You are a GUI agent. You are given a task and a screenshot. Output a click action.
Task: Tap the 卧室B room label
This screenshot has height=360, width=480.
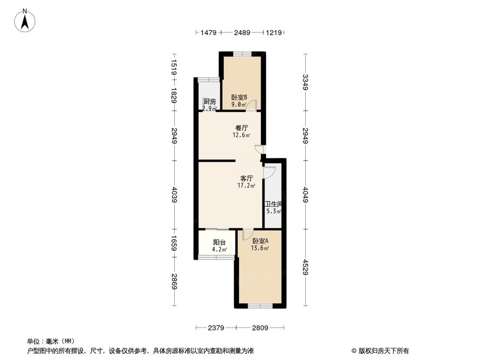click(239, 97)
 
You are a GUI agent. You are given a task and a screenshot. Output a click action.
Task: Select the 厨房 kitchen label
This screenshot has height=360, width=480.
click(209, 102)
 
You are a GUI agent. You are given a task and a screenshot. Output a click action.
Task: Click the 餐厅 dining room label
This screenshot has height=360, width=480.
click(241, 128)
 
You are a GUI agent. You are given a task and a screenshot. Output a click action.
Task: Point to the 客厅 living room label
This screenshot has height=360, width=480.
click(246, 178)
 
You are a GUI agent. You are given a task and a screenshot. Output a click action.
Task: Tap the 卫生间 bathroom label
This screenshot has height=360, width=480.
click(274, 204)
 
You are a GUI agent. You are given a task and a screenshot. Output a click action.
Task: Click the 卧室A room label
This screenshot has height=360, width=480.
click(260, 241)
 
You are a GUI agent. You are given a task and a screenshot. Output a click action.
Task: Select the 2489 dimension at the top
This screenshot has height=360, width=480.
click(242, 33)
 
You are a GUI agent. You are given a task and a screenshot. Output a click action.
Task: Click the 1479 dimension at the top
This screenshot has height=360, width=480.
click(208, 33)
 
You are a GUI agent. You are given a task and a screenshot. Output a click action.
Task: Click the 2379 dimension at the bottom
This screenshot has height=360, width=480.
click(216, 328)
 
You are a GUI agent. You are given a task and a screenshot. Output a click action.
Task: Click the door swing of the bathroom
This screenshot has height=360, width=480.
click(269, 170)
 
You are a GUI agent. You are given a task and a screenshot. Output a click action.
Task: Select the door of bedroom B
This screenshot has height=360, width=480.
click(252, 105)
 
